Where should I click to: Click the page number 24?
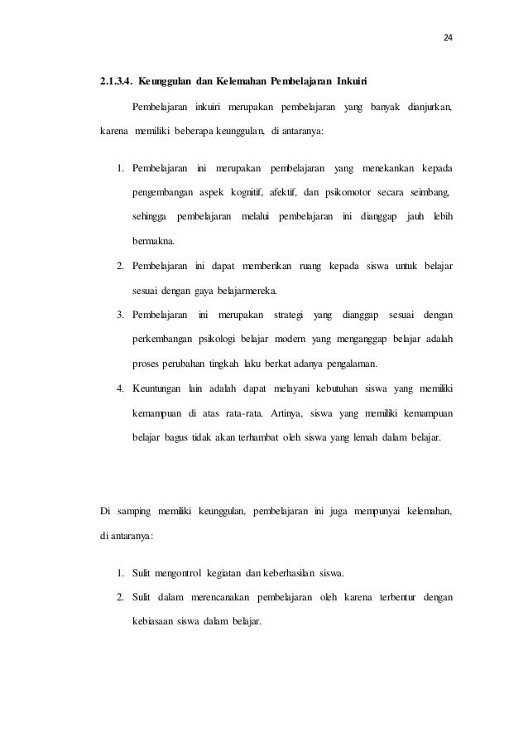tap(449, 38)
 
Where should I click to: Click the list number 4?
tap(120, 388)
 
